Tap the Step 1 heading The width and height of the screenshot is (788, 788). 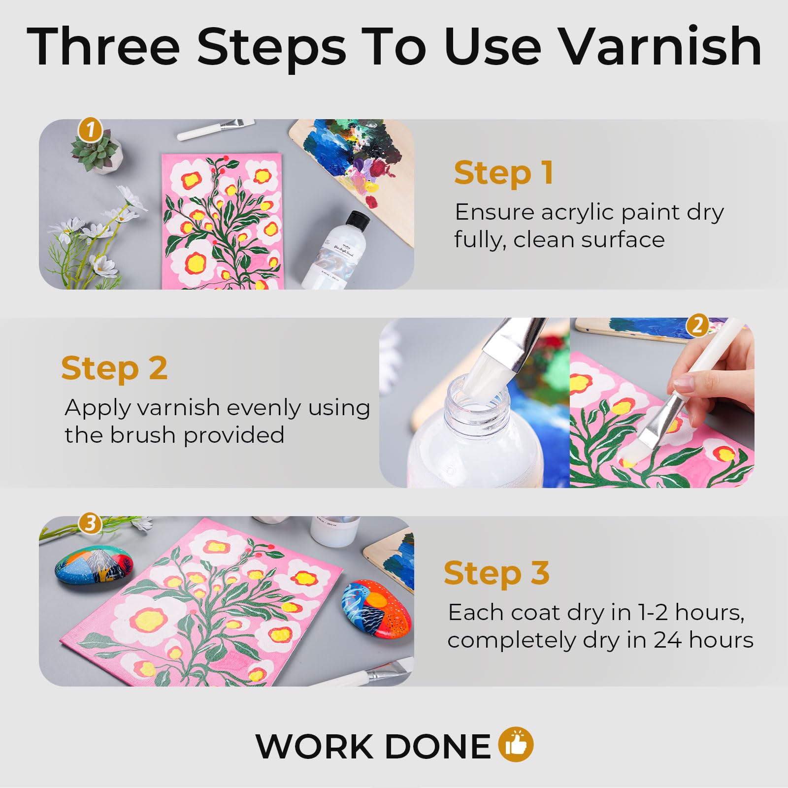point(503,173)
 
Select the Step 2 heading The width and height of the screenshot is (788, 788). point(114,368)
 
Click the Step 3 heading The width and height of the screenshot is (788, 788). point(496,573)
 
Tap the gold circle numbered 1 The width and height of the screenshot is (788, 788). point(90,131)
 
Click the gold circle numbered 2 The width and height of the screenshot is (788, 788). point(697,326)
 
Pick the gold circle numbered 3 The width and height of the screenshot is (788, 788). point(90,523)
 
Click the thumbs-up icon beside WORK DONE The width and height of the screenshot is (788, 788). point(516,744)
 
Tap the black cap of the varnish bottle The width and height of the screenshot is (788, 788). point(358,220)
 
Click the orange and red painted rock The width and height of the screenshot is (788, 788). point(377,610)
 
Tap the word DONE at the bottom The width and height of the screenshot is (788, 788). point(438,746)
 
